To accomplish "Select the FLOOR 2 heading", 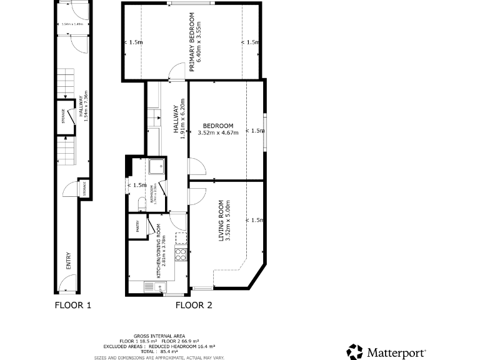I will click(x=193, y=306).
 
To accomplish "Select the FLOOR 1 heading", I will click(x=73, y=306).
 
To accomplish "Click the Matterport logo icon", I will click(x=354, y=351).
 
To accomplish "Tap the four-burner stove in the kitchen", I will click(x=181, y=254).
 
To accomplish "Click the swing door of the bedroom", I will click(x=196, y=166).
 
